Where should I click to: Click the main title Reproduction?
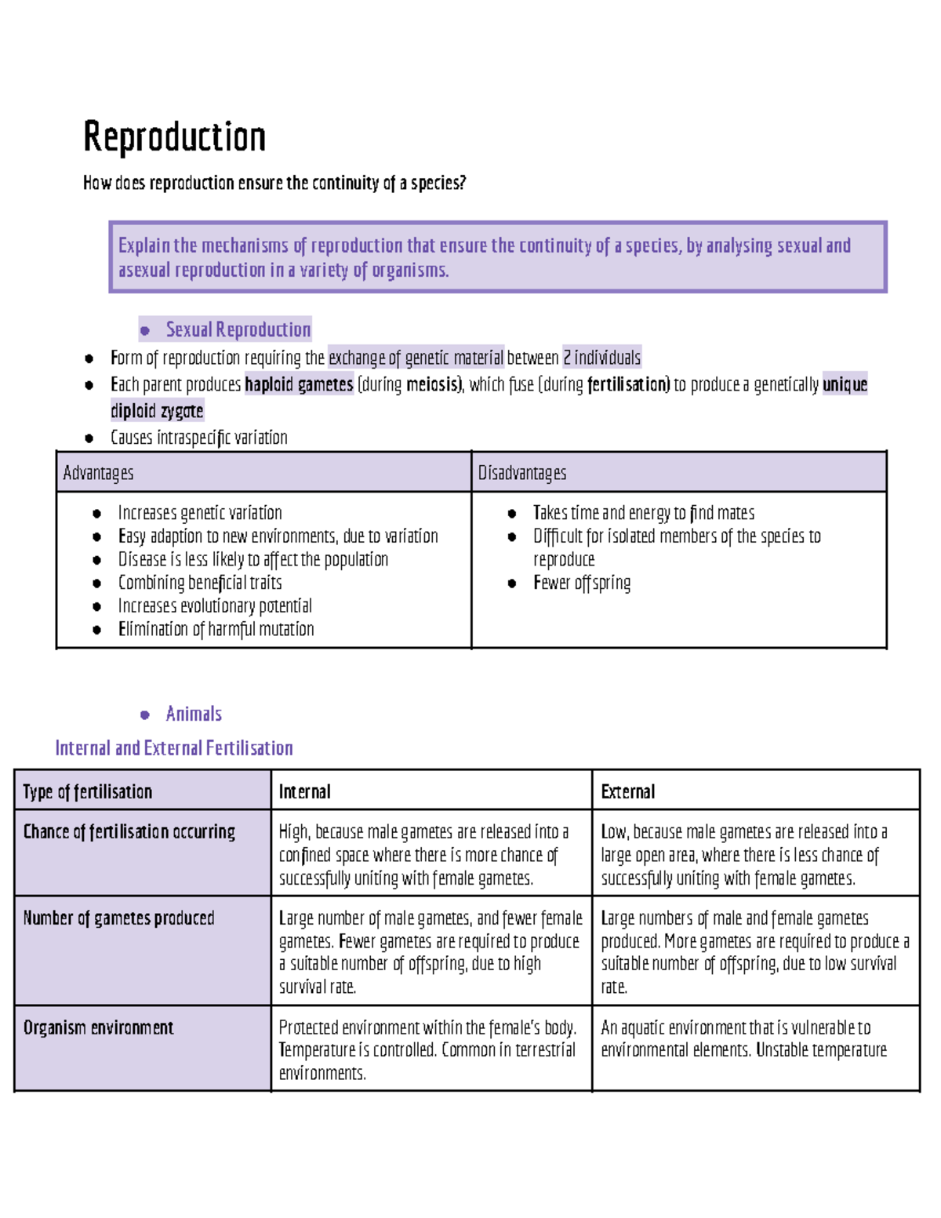(174, 137)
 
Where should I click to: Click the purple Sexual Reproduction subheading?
(238, 329)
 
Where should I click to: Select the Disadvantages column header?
(522, 473)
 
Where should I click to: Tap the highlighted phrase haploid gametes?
(299, 384)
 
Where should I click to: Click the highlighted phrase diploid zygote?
(157, 411)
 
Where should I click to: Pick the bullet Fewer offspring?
(581, 583)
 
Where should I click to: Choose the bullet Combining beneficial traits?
(200, 583)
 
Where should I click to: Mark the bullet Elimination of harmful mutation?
(216, 629)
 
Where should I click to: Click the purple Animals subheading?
(194, 714)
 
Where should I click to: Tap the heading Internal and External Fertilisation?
(174, 748)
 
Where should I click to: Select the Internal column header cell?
(305, 792)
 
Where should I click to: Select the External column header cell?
(627, 792)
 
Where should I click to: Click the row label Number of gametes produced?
(118, 918)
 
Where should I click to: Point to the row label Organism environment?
(98, 1027)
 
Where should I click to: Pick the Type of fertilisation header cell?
(87, 792)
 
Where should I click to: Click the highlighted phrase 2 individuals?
(601, 358)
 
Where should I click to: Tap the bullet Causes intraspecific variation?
(198, 438)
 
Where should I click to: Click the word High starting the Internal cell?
(294, 832)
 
